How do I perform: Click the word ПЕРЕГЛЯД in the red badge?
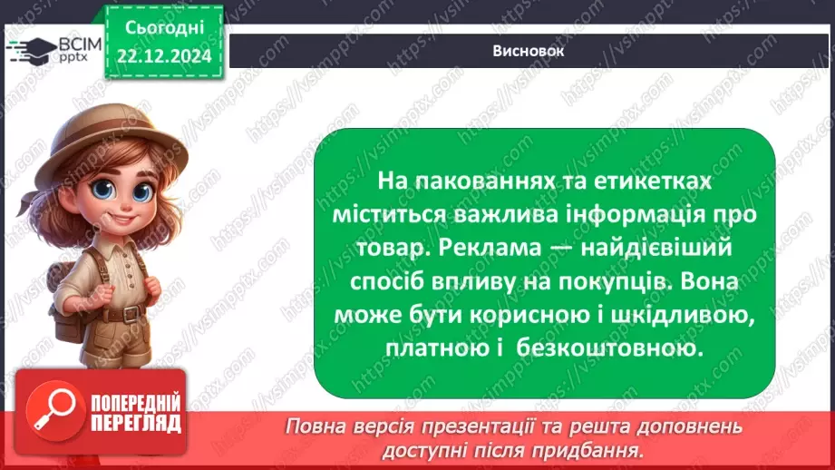tap(134, 422)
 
